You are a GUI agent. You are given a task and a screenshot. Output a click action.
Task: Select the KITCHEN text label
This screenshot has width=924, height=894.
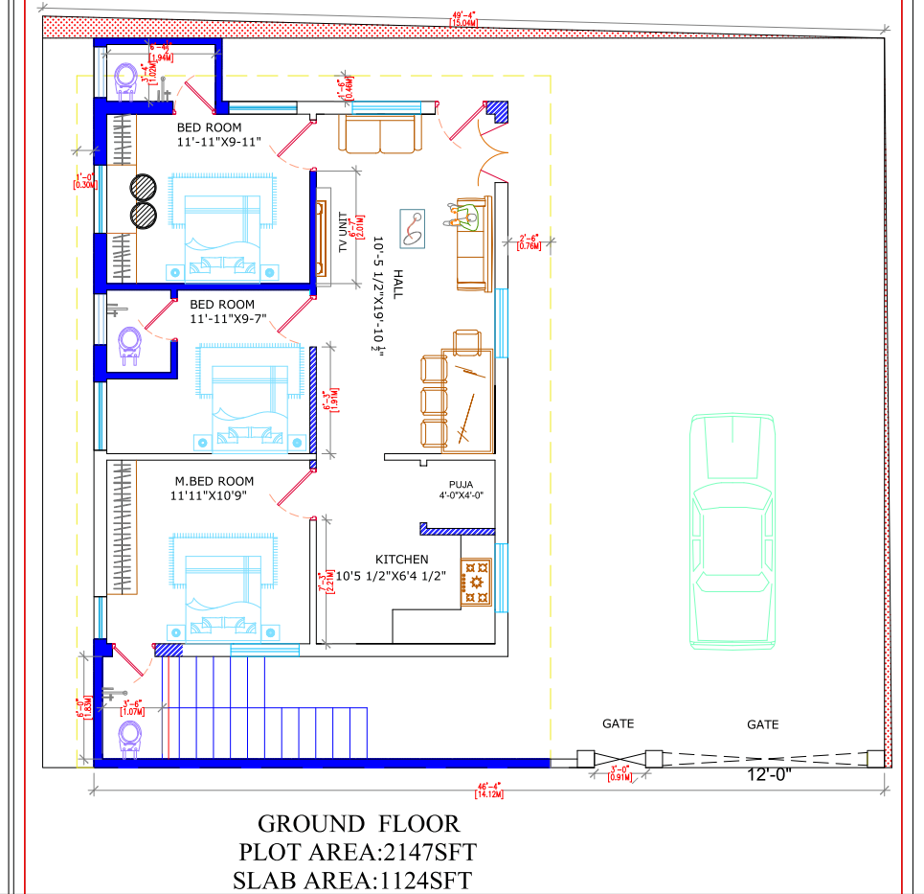[x=401, y=560]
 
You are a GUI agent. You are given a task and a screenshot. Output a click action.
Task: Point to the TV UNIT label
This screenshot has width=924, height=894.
[x=342, y=233]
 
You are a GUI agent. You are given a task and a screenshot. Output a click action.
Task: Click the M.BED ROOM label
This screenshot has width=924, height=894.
[x=214, y=481]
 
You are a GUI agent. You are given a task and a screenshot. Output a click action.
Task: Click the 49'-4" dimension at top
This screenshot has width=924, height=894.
[x=465, y=14]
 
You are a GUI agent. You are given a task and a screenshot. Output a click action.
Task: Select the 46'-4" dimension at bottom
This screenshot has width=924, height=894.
[x=488, y=788]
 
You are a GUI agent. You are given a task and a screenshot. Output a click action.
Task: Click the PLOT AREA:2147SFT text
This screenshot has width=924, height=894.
[x=357, y=851]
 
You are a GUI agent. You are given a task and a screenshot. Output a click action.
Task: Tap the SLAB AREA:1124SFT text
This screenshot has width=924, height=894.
[x=351, y=880]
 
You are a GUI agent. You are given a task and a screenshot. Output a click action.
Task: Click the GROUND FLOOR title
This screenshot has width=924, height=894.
[x=358, y=823]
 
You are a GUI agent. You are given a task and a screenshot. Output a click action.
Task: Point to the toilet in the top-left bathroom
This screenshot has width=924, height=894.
[x=126, y=80]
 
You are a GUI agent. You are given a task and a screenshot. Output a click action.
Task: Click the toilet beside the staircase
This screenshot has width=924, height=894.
[x=129, y=738]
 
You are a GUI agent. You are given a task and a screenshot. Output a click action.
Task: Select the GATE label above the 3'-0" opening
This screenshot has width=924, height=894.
[x=618, y=724]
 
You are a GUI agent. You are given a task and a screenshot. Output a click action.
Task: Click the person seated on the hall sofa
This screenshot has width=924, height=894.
[x=462, y=215]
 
